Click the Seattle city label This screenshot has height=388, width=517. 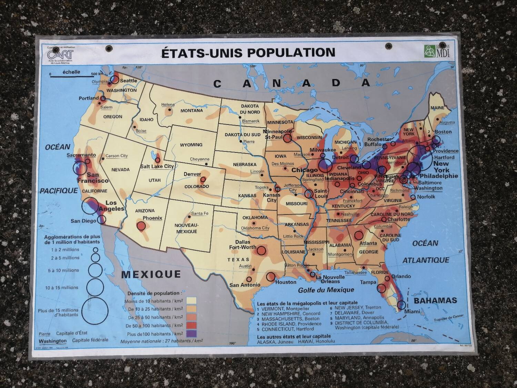129,81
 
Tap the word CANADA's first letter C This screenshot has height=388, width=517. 217,84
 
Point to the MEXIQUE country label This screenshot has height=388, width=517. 151,274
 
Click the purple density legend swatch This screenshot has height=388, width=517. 191,334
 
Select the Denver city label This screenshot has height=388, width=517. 192,174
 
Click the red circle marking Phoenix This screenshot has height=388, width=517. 141,226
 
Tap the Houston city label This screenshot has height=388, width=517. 286,282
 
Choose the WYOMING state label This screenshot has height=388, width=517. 191,145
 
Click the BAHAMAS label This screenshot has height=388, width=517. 435,300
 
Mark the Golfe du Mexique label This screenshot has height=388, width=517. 326,290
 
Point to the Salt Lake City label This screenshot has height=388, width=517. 157,166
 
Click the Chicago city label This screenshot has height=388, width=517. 305,170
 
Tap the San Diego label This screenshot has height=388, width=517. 83,221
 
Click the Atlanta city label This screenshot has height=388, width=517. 368,243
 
